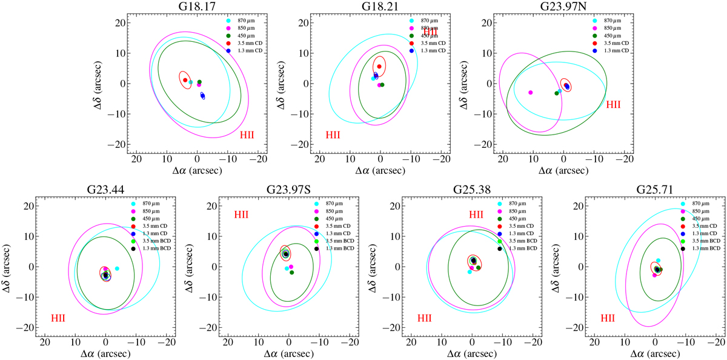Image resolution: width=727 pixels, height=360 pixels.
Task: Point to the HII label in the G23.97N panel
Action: coord(614,104)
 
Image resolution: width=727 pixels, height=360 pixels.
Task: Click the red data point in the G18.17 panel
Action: coord(185,80)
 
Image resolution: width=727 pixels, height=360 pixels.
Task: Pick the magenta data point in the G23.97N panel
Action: coord(531,92)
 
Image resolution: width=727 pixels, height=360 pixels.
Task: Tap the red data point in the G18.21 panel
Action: coord(379,66)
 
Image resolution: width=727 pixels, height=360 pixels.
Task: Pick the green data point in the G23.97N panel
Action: coord(557,93)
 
